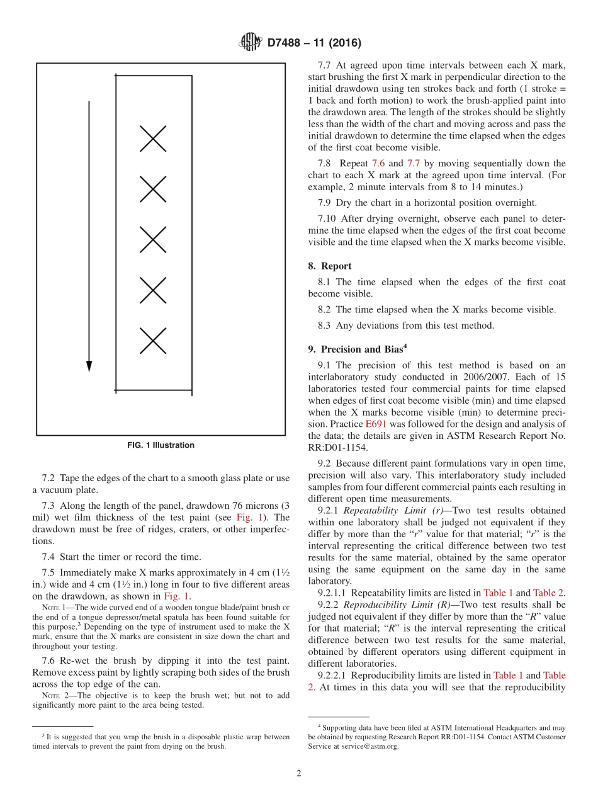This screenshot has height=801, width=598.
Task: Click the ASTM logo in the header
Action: click(250, 43)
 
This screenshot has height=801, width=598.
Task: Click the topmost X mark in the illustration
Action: click(153, 139)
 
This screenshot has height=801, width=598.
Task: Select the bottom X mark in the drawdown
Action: click(153, 341)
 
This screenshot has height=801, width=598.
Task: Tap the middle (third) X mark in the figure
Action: click(153, 239)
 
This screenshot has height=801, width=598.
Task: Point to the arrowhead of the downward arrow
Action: click(89, 366)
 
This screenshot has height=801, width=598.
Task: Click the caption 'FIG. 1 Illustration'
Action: click(161, 445)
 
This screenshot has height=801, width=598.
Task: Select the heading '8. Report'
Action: click(330, 266)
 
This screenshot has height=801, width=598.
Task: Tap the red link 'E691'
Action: click(376, 424)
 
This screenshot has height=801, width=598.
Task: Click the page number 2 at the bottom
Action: click(299, 773)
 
